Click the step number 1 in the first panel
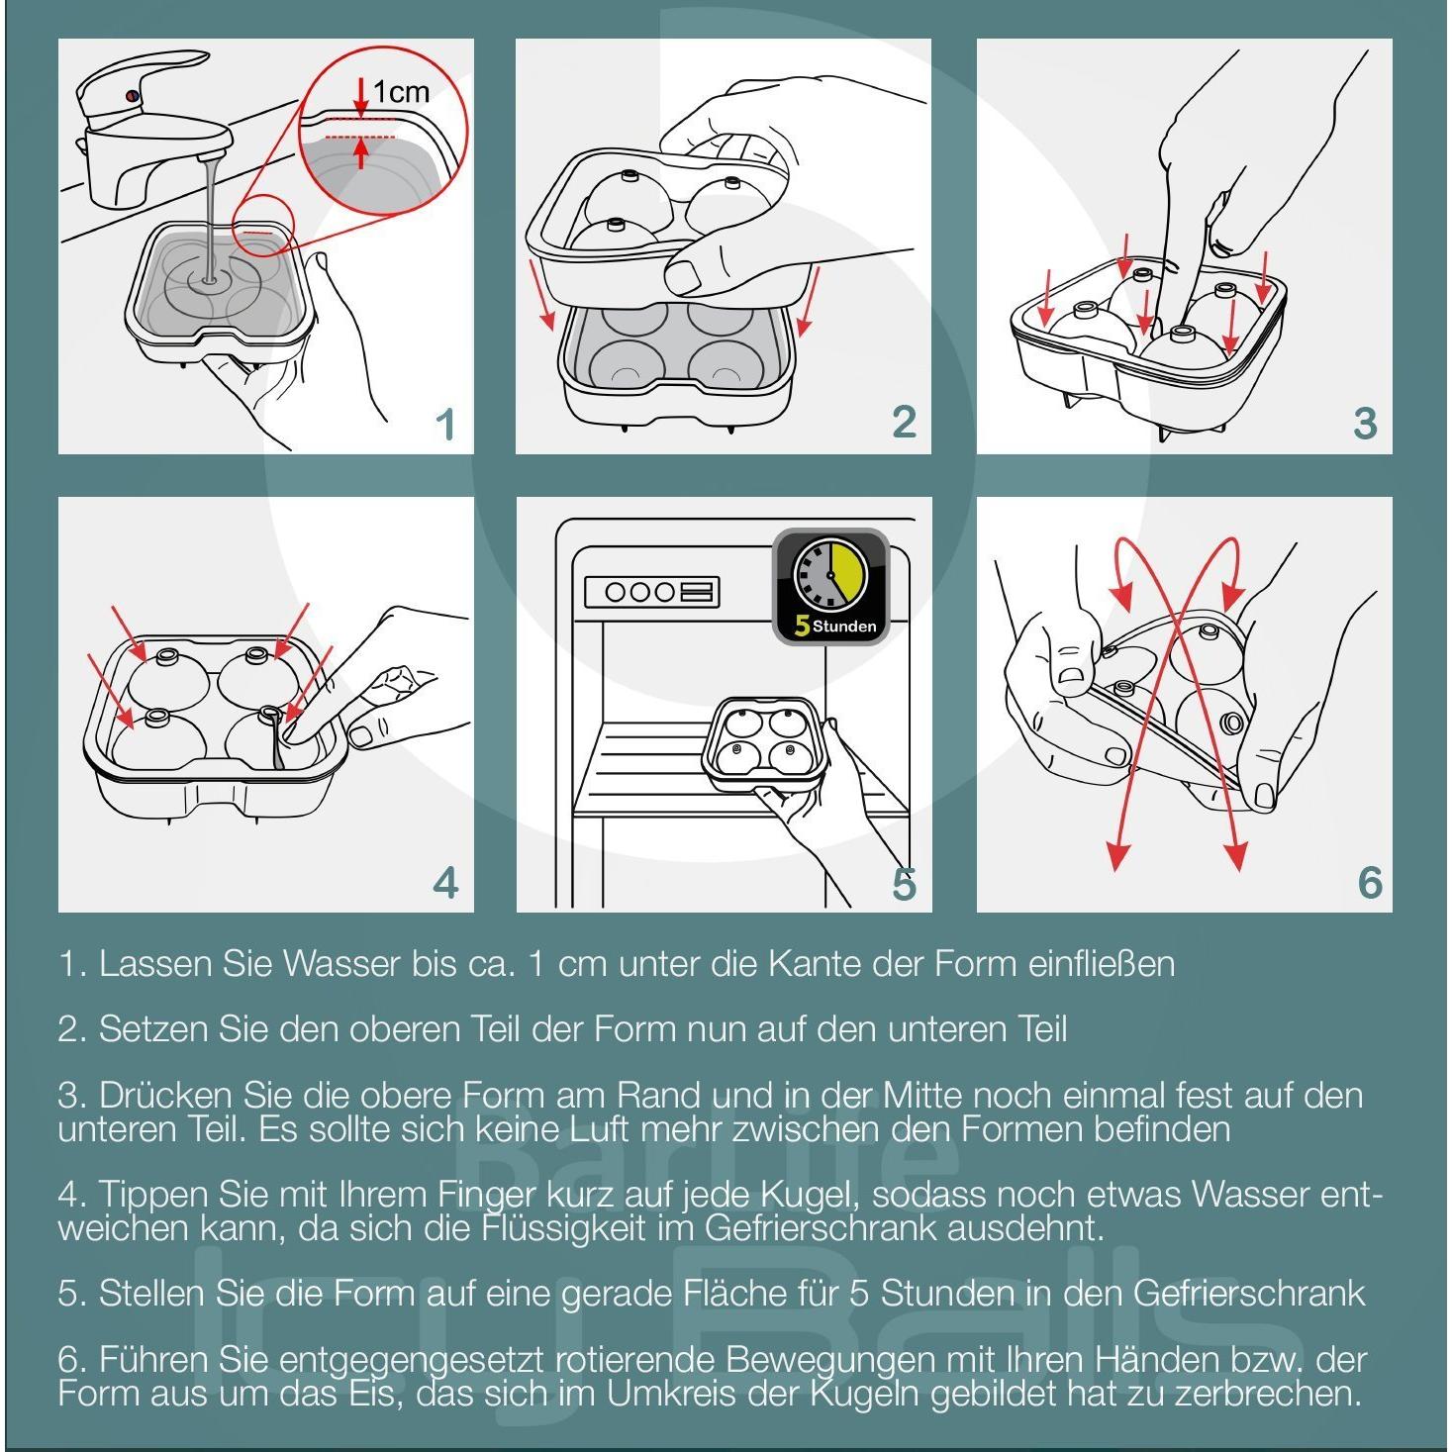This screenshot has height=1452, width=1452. pyautogui.click(x=446, y=425)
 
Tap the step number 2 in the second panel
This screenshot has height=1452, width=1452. pyautogui.click(x=905, y=423)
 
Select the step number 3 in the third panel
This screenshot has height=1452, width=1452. pyautogui.click(x=1365, y=425)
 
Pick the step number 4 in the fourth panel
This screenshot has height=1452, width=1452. pyautogui.click(x=446, y=882)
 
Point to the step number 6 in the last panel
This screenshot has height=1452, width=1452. pyautogui.click(x=1370, y=882)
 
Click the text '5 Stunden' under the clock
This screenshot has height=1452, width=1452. pyautogui.click(x=835, y=626)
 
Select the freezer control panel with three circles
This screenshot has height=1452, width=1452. pyautogui.click(x=652, y=592)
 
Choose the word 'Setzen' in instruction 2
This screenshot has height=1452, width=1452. pyautogui.click(x=153, y=1029)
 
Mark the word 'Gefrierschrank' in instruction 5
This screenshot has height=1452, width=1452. pyautogui.click(x=1248, y=1293)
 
